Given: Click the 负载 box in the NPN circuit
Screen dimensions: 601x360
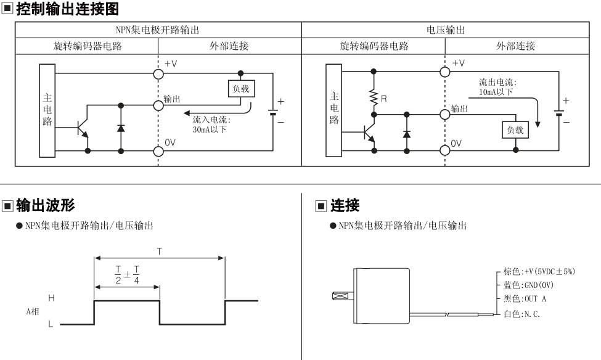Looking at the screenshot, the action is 241,89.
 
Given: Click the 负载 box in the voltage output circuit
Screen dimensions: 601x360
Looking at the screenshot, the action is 515,130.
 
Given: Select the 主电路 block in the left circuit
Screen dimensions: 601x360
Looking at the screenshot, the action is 47,110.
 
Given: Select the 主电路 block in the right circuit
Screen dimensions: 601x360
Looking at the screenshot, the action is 334,110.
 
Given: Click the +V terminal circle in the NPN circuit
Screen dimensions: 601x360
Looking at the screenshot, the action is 158,73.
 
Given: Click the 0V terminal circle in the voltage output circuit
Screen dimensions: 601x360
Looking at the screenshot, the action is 444,150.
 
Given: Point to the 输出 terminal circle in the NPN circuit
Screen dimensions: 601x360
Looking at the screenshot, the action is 158,105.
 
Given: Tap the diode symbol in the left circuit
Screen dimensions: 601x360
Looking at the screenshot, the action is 121,128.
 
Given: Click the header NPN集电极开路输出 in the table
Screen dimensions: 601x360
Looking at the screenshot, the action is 158,30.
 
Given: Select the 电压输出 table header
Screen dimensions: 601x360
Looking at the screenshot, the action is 446,30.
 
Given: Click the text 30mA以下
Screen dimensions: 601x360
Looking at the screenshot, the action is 210,129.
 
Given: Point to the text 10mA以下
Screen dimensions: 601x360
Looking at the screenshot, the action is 496,92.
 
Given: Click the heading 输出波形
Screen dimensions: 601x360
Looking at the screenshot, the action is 45,205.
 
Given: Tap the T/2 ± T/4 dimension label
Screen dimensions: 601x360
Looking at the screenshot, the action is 127,274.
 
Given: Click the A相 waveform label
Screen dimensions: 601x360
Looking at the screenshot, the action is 33,311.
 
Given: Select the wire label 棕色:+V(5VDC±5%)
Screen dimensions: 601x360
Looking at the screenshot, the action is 539,271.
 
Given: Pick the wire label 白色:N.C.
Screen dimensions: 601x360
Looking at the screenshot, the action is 521,314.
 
